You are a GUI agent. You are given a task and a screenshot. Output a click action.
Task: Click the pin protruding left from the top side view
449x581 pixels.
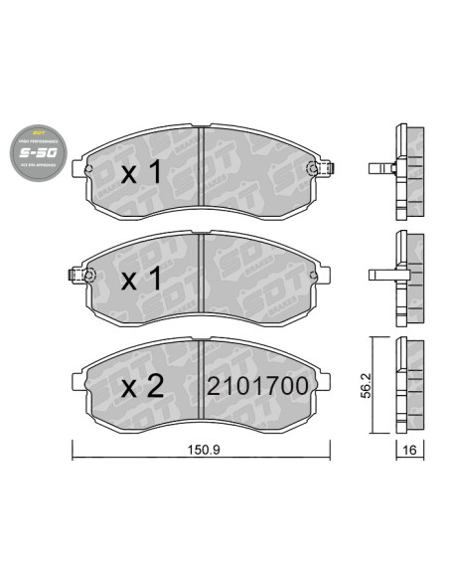tap(378, 166)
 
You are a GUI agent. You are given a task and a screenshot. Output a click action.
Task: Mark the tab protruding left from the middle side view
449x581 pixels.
tap(380, 273)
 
